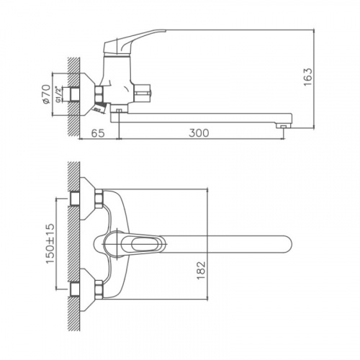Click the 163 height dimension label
click(308, 77)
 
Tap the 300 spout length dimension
click(199, 133)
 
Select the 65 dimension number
click(98, 133)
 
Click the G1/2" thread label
click(58, 94)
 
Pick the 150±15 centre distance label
click(50, 243)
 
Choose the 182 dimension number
click(201, 270)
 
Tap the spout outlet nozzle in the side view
click(284, 125)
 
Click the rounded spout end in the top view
click(287, 244)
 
